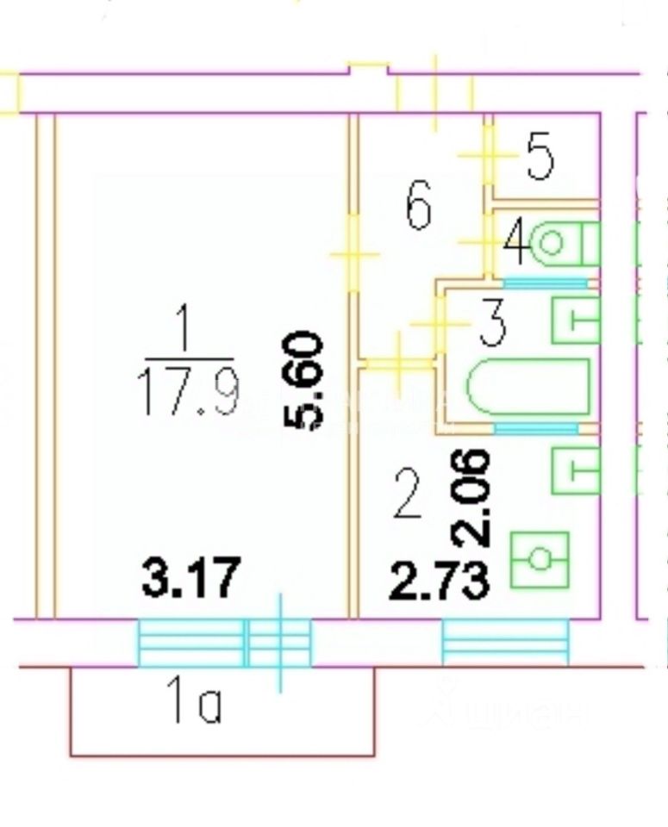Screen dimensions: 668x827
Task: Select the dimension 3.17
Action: point(190,578)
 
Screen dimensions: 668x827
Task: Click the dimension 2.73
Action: point(440,582)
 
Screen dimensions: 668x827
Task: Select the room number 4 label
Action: point(516,244)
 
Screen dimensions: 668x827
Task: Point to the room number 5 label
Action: point(540,157)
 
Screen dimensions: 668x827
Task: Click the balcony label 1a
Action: point(195,706)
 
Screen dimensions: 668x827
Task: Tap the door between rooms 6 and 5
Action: point(488,155)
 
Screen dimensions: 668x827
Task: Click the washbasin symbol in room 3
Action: point(574,321)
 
